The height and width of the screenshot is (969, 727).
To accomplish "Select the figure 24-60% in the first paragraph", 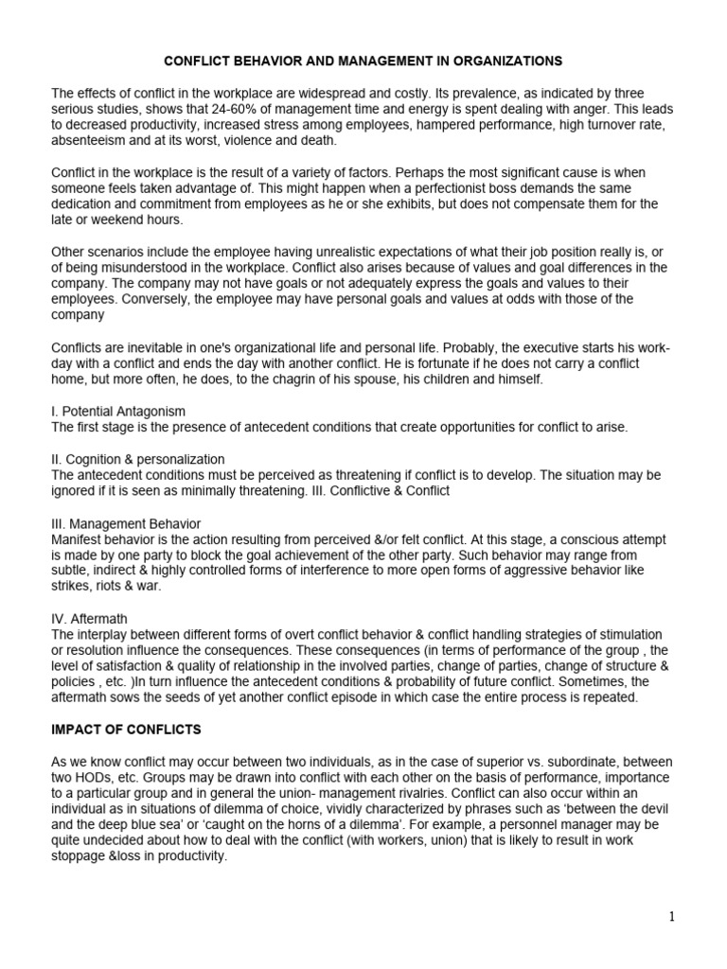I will [301, 110].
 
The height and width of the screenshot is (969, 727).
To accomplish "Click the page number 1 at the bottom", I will [670, 916].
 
